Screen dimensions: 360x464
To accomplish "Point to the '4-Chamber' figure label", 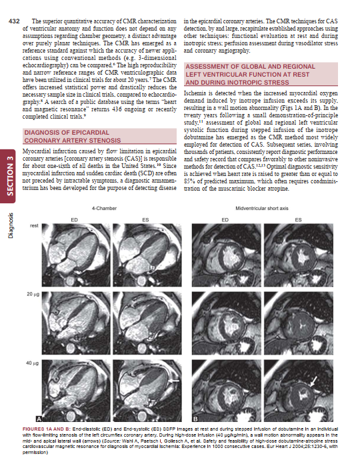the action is [x=104, y=209].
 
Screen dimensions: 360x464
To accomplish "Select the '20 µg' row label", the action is [x=31, y=293].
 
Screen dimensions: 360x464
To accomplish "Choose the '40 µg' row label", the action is [x=31, y=364].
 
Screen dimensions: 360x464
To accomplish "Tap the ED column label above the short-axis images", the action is [x=225, y=219].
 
